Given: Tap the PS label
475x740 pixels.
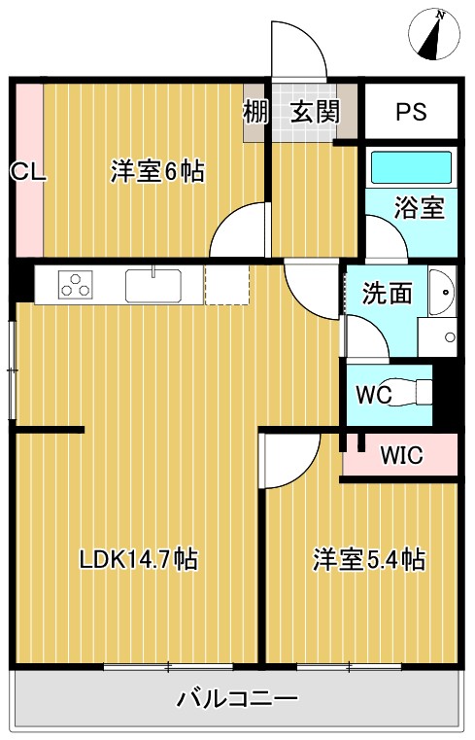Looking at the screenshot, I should coord(410,112).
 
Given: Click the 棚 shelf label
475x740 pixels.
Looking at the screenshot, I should coord(254,112).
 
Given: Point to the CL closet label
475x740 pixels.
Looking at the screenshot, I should coord(27,172).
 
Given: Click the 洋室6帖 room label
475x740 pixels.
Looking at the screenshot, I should coord(156,172).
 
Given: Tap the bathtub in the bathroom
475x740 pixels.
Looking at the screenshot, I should coord(411,166).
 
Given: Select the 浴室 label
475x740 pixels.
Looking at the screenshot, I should coord(419,208).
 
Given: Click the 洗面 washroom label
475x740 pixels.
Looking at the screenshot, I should coord(387,293).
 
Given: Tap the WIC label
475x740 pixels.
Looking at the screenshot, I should coord(400,455).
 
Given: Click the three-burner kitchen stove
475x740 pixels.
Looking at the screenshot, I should coord(75,285).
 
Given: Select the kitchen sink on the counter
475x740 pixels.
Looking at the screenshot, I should coord(153,286).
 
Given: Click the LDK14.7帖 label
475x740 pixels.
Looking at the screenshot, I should coord(139,560).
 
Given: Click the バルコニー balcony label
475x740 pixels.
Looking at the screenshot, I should coord(236,698).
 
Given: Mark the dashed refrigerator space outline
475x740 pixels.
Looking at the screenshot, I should coord(226,286).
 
